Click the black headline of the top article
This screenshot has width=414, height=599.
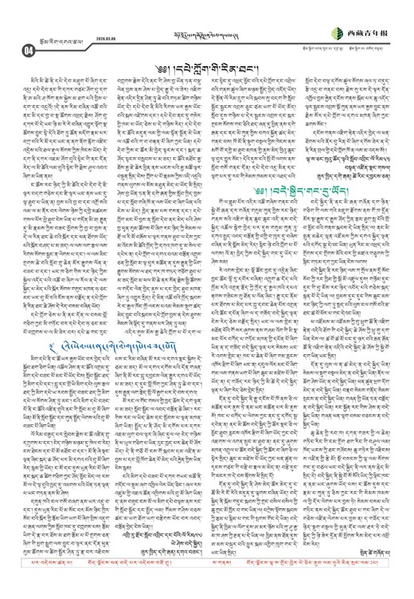[x=205, y=57]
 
